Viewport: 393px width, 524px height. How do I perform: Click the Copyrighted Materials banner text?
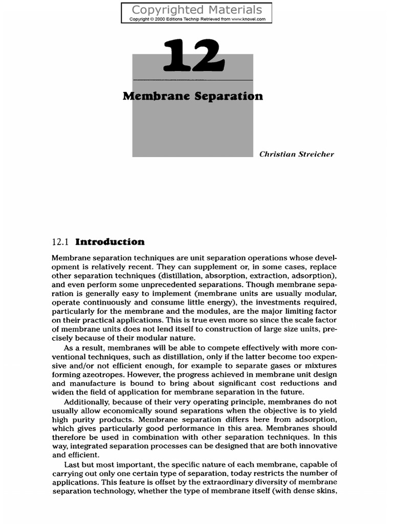click(196, 10)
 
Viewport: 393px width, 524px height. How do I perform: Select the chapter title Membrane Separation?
click(193, 96)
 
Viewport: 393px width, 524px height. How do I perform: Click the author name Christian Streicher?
click(297, 154)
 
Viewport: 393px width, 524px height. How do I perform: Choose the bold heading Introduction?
click(110, 242)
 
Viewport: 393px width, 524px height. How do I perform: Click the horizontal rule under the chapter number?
click(193, 80)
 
